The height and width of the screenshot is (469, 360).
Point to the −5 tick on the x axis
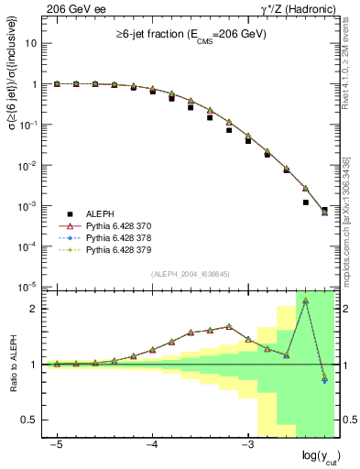[57, 443]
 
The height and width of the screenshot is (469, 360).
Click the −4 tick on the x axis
[152, 443]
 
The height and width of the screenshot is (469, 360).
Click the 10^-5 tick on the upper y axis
[27, 287]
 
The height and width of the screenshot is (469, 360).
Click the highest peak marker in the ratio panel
[305, 300]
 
